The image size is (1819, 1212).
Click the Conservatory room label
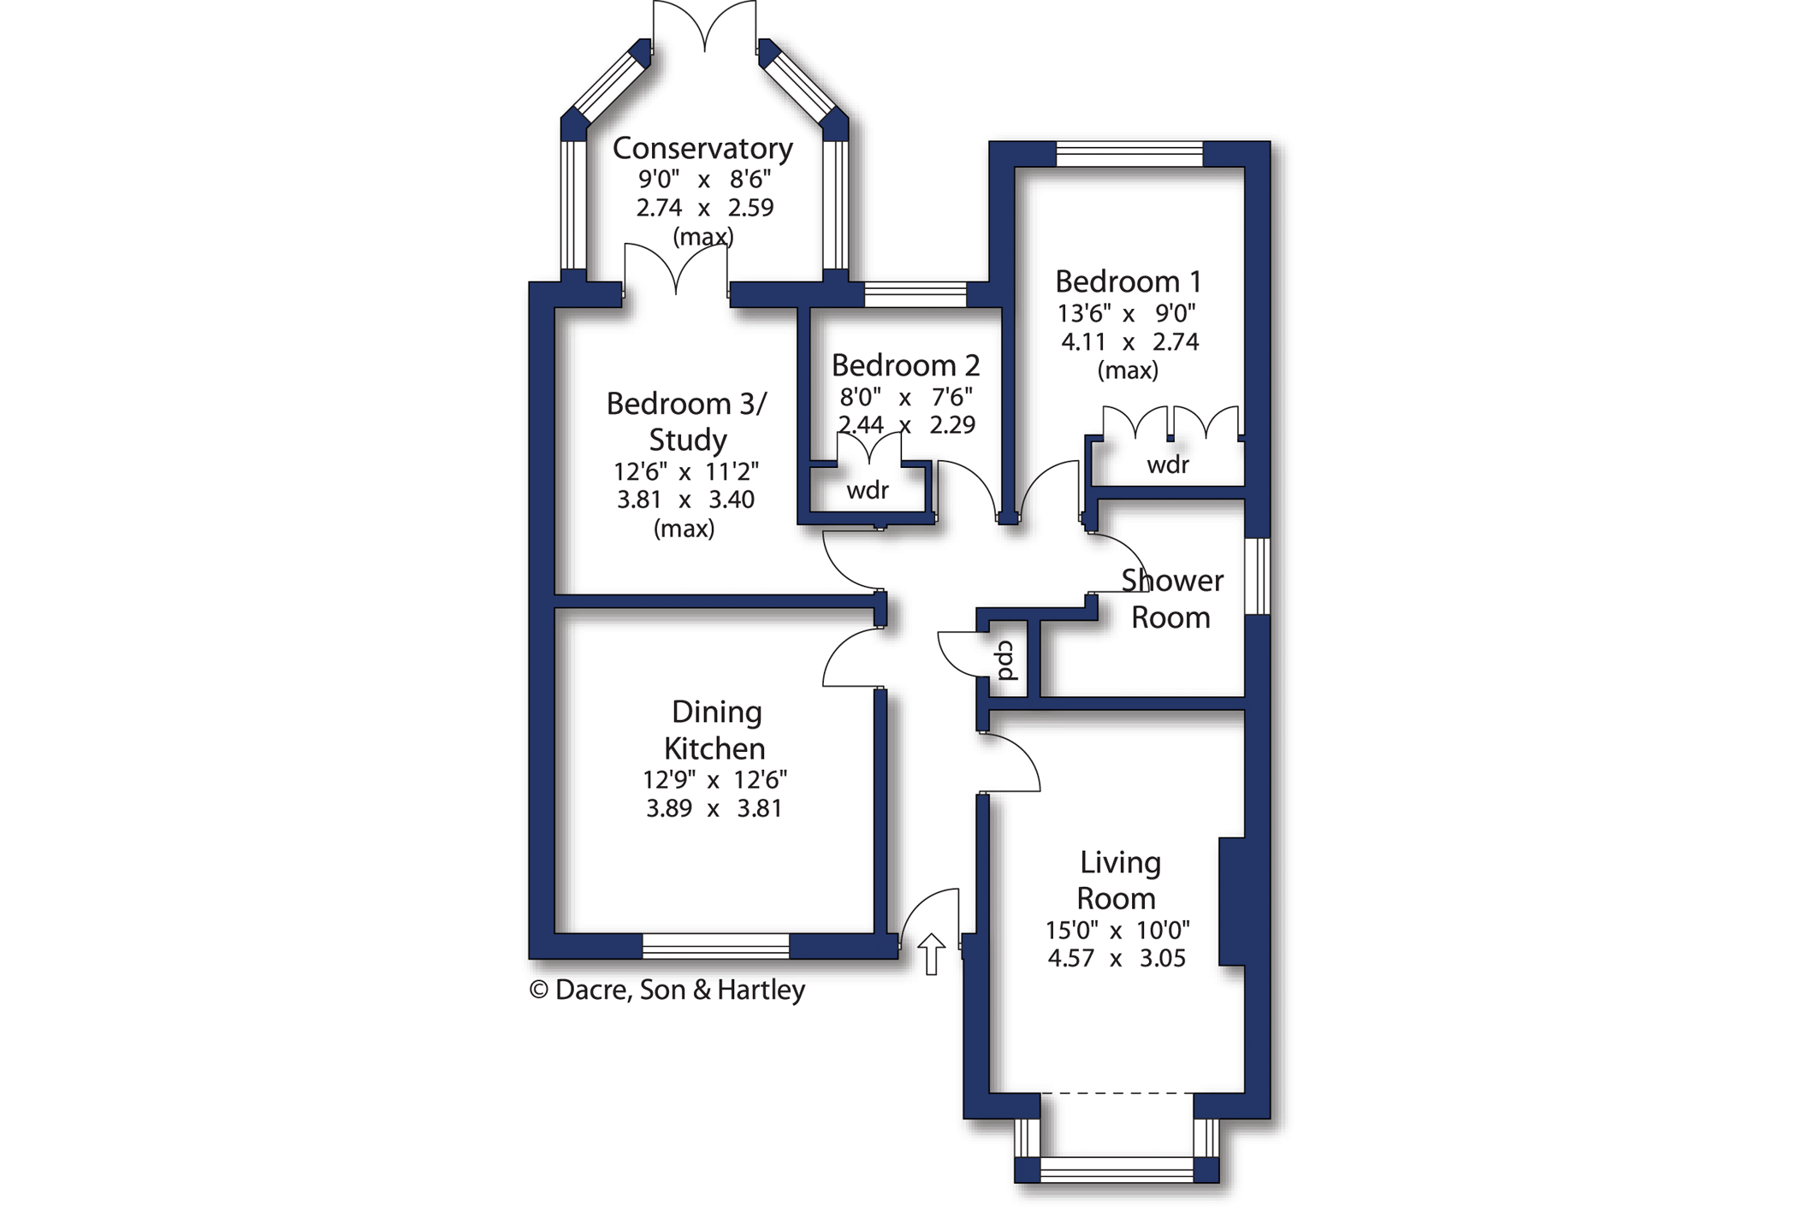click(x=702, y=149)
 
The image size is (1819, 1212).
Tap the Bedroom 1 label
click(x=1128, y=281)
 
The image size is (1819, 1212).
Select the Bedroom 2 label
click(x=905, y=365)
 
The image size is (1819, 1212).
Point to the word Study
click(x=687, y=440)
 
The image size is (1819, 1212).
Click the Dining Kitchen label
click(x=715, y=730)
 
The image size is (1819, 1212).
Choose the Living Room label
click(x=1118, y=880)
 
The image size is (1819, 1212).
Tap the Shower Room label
click(x=1171, y=599)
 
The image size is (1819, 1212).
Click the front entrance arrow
click(x=931, y=954)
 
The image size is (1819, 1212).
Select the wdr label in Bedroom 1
click(x=1168, y=464)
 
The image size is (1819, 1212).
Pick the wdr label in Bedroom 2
click(x=868, y=490)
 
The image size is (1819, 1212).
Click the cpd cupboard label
click(x=1006, y=659)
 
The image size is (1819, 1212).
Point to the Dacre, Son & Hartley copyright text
click(x=667, y=990)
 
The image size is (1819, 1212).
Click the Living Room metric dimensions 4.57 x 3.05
click(x=1117, y=958)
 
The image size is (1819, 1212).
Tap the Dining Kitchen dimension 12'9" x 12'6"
click(x=714, y=780)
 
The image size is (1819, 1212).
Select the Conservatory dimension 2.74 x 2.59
click(x=704, y=208)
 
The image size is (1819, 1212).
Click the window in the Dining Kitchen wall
click(x=715, y=946)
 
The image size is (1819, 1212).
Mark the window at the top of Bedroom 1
click(x=1129, y=154)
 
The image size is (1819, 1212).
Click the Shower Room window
click(x=1257, y=576)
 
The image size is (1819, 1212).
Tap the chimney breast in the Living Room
click(x=1231, y=902)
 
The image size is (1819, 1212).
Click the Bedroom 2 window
click(x=915, y=294)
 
